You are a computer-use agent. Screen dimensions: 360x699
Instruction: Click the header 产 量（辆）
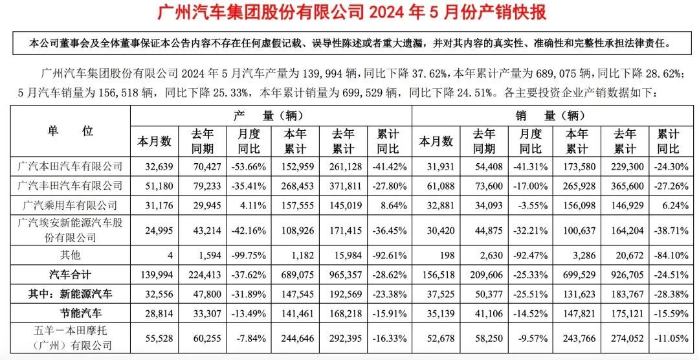point(271,117)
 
